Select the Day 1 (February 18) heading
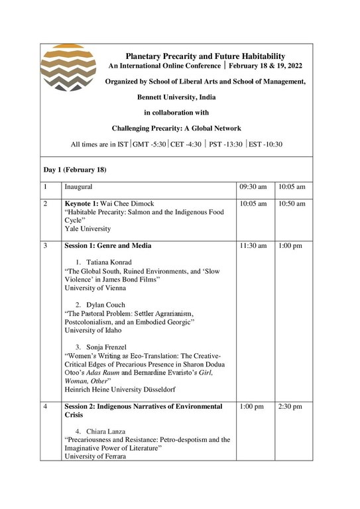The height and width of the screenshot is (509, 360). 74,170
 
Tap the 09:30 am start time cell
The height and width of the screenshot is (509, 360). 253,188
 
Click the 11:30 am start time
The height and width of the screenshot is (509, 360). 253,246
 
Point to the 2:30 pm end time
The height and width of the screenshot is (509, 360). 291,406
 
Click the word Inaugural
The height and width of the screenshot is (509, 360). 78,188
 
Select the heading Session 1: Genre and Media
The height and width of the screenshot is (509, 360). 107,246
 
